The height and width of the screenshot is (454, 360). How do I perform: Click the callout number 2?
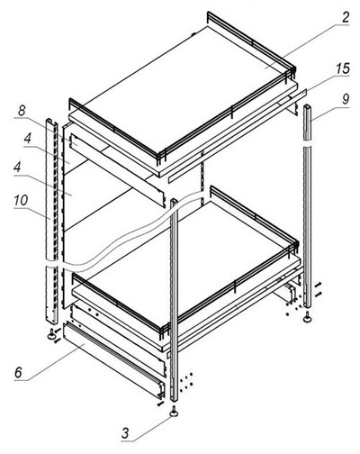coord(346,17)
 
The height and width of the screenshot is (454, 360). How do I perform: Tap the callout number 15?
coord(343,68)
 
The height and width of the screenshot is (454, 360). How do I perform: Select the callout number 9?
coord(346,99)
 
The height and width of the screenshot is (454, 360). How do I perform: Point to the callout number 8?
coord(22,111)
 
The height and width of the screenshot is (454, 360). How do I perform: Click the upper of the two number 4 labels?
coord(28,138)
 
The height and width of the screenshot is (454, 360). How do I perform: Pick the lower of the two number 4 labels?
coord(17,167)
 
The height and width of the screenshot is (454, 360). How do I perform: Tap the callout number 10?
coord(21,200)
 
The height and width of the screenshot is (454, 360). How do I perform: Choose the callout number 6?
coord(18,372)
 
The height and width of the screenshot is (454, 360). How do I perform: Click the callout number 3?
coord(125,433)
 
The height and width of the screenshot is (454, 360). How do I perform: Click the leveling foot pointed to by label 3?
coord(174,412)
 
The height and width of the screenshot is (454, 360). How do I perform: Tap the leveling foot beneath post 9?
coord(308,317)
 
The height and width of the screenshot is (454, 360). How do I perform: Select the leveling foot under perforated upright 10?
coord(52,334)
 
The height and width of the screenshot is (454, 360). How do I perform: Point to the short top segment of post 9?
coord(309,123)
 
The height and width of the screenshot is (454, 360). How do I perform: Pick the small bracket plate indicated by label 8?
coord(75,141)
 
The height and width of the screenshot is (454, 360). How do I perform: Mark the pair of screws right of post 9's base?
coord(319,289)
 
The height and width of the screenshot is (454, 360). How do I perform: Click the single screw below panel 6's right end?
coord(160,404)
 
